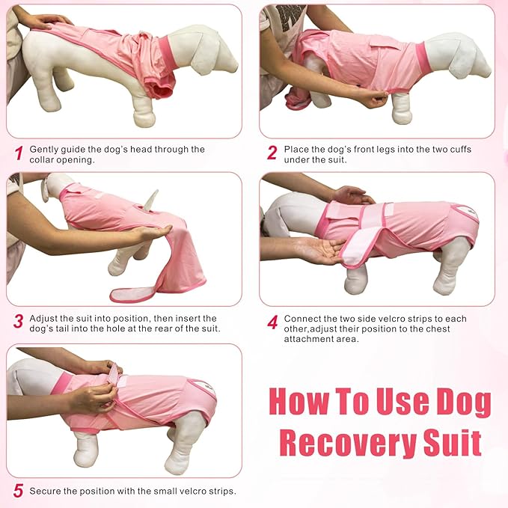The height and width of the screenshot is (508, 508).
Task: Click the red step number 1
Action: click(18, 154)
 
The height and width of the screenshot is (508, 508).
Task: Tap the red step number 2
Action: click(272, 154)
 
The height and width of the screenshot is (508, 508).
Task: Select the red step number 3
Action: click(18, 322)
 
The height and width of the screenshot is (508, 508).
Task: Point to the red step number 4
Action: click(272, 322)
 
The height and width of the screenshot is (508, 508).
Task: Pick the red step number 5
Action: click(18, 492)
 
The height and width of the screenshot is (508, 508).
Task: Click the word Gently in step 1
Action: click(43, 149)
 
